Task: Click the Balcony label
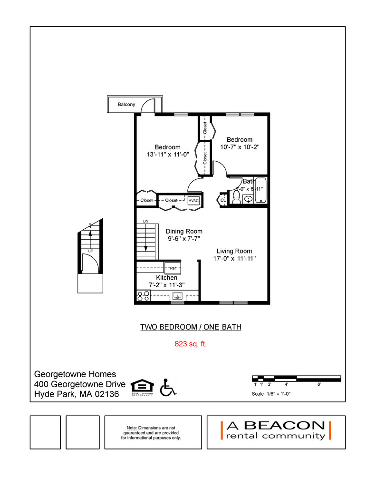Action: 126,104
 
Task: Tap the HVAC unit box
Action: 194,201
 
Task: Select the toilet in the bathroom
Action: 236,197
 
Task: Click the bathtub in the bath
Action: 261,191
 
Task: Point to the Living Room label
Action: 234,251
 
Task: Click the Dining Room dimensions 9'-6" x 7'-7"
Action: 183,239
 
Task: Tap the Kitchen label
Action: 167,278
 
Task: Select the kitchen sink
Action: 177,296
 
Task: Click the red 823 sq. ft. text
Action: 191,343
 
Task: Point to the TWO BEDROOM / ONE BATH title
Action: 191,327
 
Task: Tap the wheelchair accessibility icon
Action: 167,387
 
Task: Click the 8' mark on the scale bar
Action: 318,384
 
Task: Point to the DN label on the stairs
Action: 145,222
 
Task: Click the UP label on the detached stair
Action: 90,250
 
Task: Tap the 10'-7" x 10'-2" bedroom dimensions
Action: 240,147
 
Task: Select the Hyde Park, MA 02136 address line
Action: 77,394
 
